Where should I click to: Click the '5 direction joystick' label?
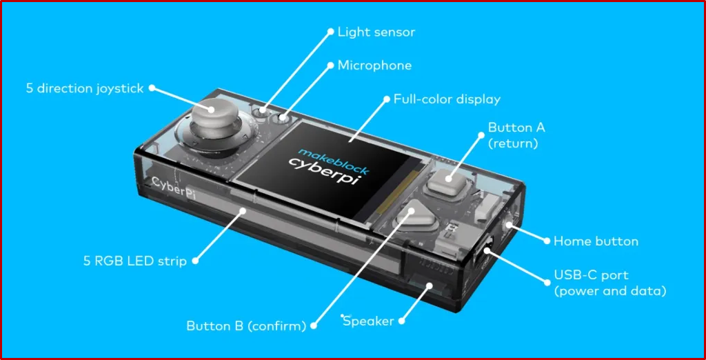point(85,88)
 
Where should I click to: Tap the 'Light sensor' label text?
point(376,32)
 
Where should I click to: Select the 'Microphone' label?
point(374,66)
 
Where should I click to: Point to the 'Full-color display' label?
point(447,99)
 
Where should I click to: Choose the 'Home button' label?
point(596,241)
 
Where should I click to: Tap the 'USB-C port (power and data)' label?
point(609,283)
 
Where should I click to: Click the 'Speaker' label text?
point(369,321)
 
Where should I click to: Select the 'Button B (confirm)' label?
point(246,326)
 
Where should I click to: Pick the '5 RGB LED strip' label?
point(134,261)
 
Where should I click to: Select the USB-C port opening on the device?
point(485,247)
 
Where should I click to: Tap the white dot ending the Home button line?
point(547,241)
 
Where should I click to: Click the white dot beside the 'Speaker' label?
point(403,321)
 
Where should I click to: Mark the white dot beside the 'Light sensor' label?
point(330,32)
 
